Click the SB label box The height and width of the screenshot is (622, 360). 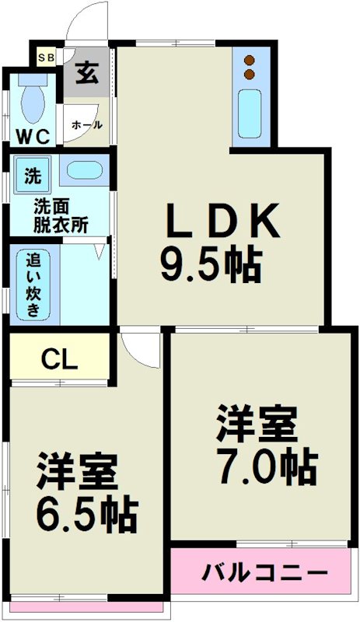click(x=45, y=57)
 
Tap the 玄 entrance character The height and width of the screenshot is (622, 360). click(x=86, y=74)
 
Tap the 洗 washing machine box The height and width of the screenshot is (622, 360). click(x=33, y=176)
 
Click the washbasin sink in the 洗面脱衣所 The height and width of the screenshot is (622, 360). click(x=79, y=171)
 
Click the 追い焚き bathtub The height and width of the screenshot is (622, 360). click(x=34, y=284)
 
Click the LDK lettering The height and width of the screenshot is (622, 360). click(x=219, y=222)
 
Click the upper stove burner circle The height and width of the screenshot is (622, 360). click(x=250, y=60)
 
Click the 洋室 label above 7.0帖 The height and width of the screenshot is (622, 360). click(x=257, y=425)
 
